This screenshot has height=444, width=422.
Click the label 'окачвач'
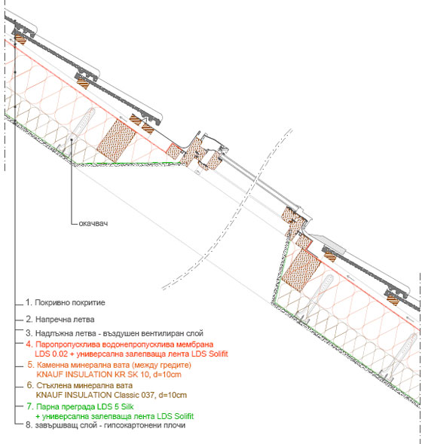point(93,223)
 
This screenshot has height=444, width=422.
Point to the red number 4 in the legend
point(29,344)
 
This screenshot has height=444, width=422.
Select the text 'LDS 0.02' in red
point(51,354)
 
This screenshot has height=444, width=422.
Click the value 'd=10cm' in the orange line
point(167,375)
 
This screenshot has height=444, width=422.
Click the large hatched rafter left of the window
point(117,140)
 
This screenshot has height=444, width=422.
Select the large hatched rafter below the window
point(301,271)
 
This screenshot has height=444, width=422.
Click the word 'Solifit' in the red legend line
point(218,354)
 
